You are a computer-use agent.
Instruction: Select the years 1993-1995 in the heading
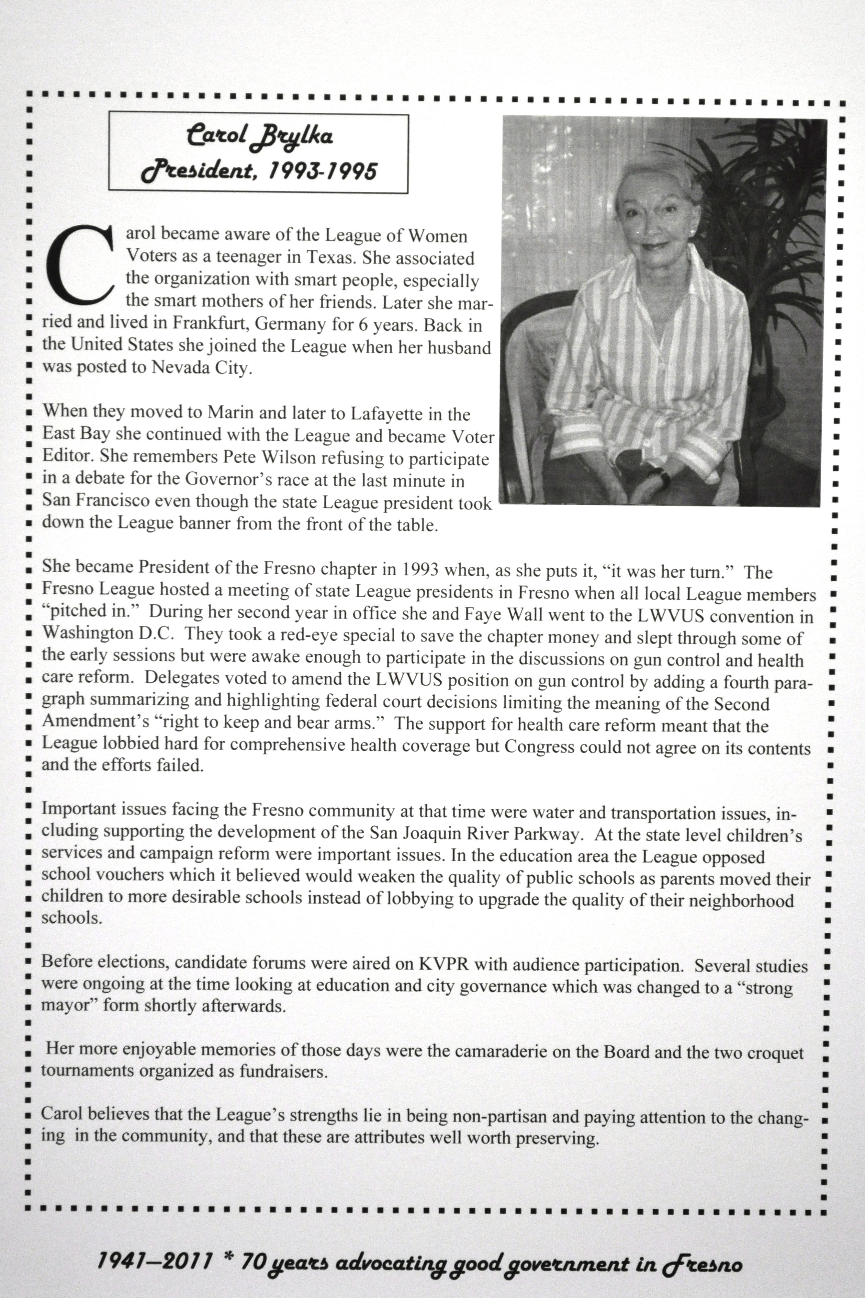321,172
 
